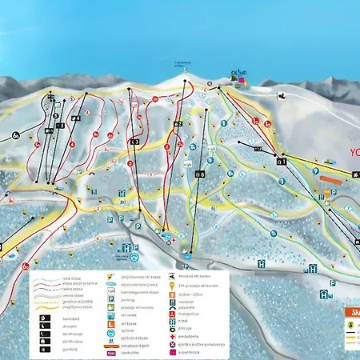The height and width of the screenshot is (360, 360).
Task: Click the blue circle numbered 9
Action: (x=316, y=170)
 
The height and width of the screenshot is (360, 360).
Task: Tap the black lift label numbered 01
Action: (x=282, y=160)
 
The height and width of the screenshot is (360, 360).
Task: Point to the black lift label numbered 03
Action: (x=134, y=142)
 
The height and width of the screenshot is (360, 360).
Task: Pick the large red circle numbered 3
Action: (x=130, y=162)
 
